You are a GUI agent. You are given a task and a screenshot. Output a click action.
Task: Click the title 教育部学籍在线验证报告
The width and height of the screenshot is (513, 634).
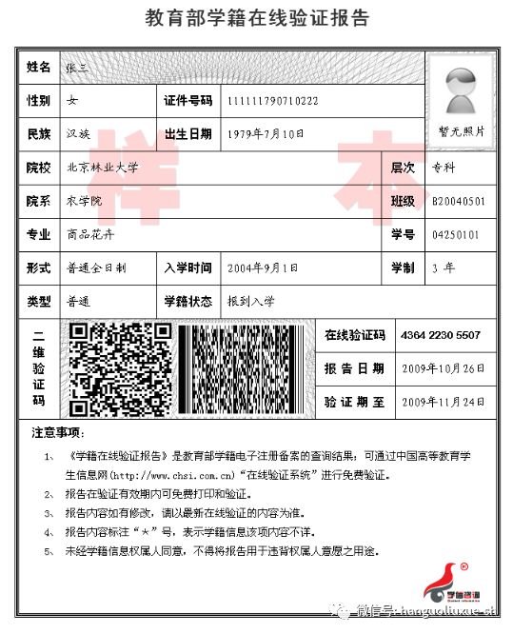(x=257, y=19)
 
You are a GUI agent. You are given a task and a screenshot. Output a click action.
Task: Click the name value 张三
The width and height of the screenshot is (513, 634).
(x=76, y=67)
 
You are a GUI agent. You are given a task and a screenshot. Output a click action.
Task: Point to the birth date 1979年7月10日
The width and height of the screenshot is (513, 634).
(x=266, y=134)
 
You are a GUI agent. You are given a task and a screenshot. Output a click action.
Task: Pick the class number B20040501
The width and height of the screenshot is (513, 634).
(x=459, y=202)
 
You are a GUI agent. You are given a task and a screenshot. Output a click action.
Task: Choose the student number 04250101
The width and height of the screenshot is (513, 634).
(x=456, y=234)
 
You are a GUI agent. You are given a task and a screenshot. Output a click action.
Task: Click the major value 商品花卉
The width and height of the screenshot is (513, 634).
(x=90, y=234)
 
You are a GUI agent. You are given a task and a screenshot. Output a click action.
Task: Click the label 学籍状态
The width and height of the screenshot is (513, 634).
(x=187, y=302)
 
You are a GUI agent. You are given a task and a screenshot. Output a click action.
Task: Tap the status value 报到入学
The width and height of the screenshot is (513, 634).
(x=251, y=302)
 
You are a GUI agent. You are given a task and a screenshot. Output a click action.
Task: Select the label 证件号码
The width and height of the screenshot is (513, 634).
(x=187, y=101)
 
